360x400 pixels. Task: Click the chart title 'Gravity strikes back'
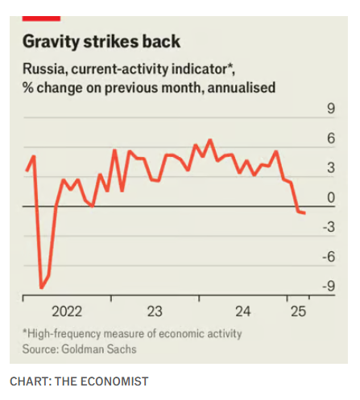pyautogui.click(x=101, y=41)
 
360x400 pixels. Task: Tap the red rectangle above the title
pyautogui.click(x=39, y=16)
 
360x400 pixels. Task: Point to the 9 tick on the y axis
pyautogui.click(x=329, y=111)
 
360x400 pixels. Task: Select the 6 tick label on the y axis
pyautogui.click(x=329, y=140)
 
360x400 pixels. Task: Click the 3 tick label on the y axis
pyautogui.click(x=329, y=169)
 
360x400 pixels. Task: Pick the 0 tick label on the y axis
pyautogui.click(x=329, y=198)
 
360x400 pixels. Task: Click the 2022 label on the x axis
pyautogui.click(x=67, y=311)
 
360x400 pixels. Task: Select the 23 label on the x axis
pyautogui.click(x=155, y=311)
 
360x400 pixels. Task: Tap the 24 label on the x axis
pyautogui.click(x=243, y=311)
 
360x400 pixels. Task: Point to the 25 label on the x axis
pyautogui.click(x=299, y=311)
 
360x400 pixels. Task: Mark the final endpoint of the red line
pyautogui.click(x=304, y=213)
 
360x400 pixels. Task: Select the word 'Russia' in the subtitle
pyautogui.click(x=41, y=70)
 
